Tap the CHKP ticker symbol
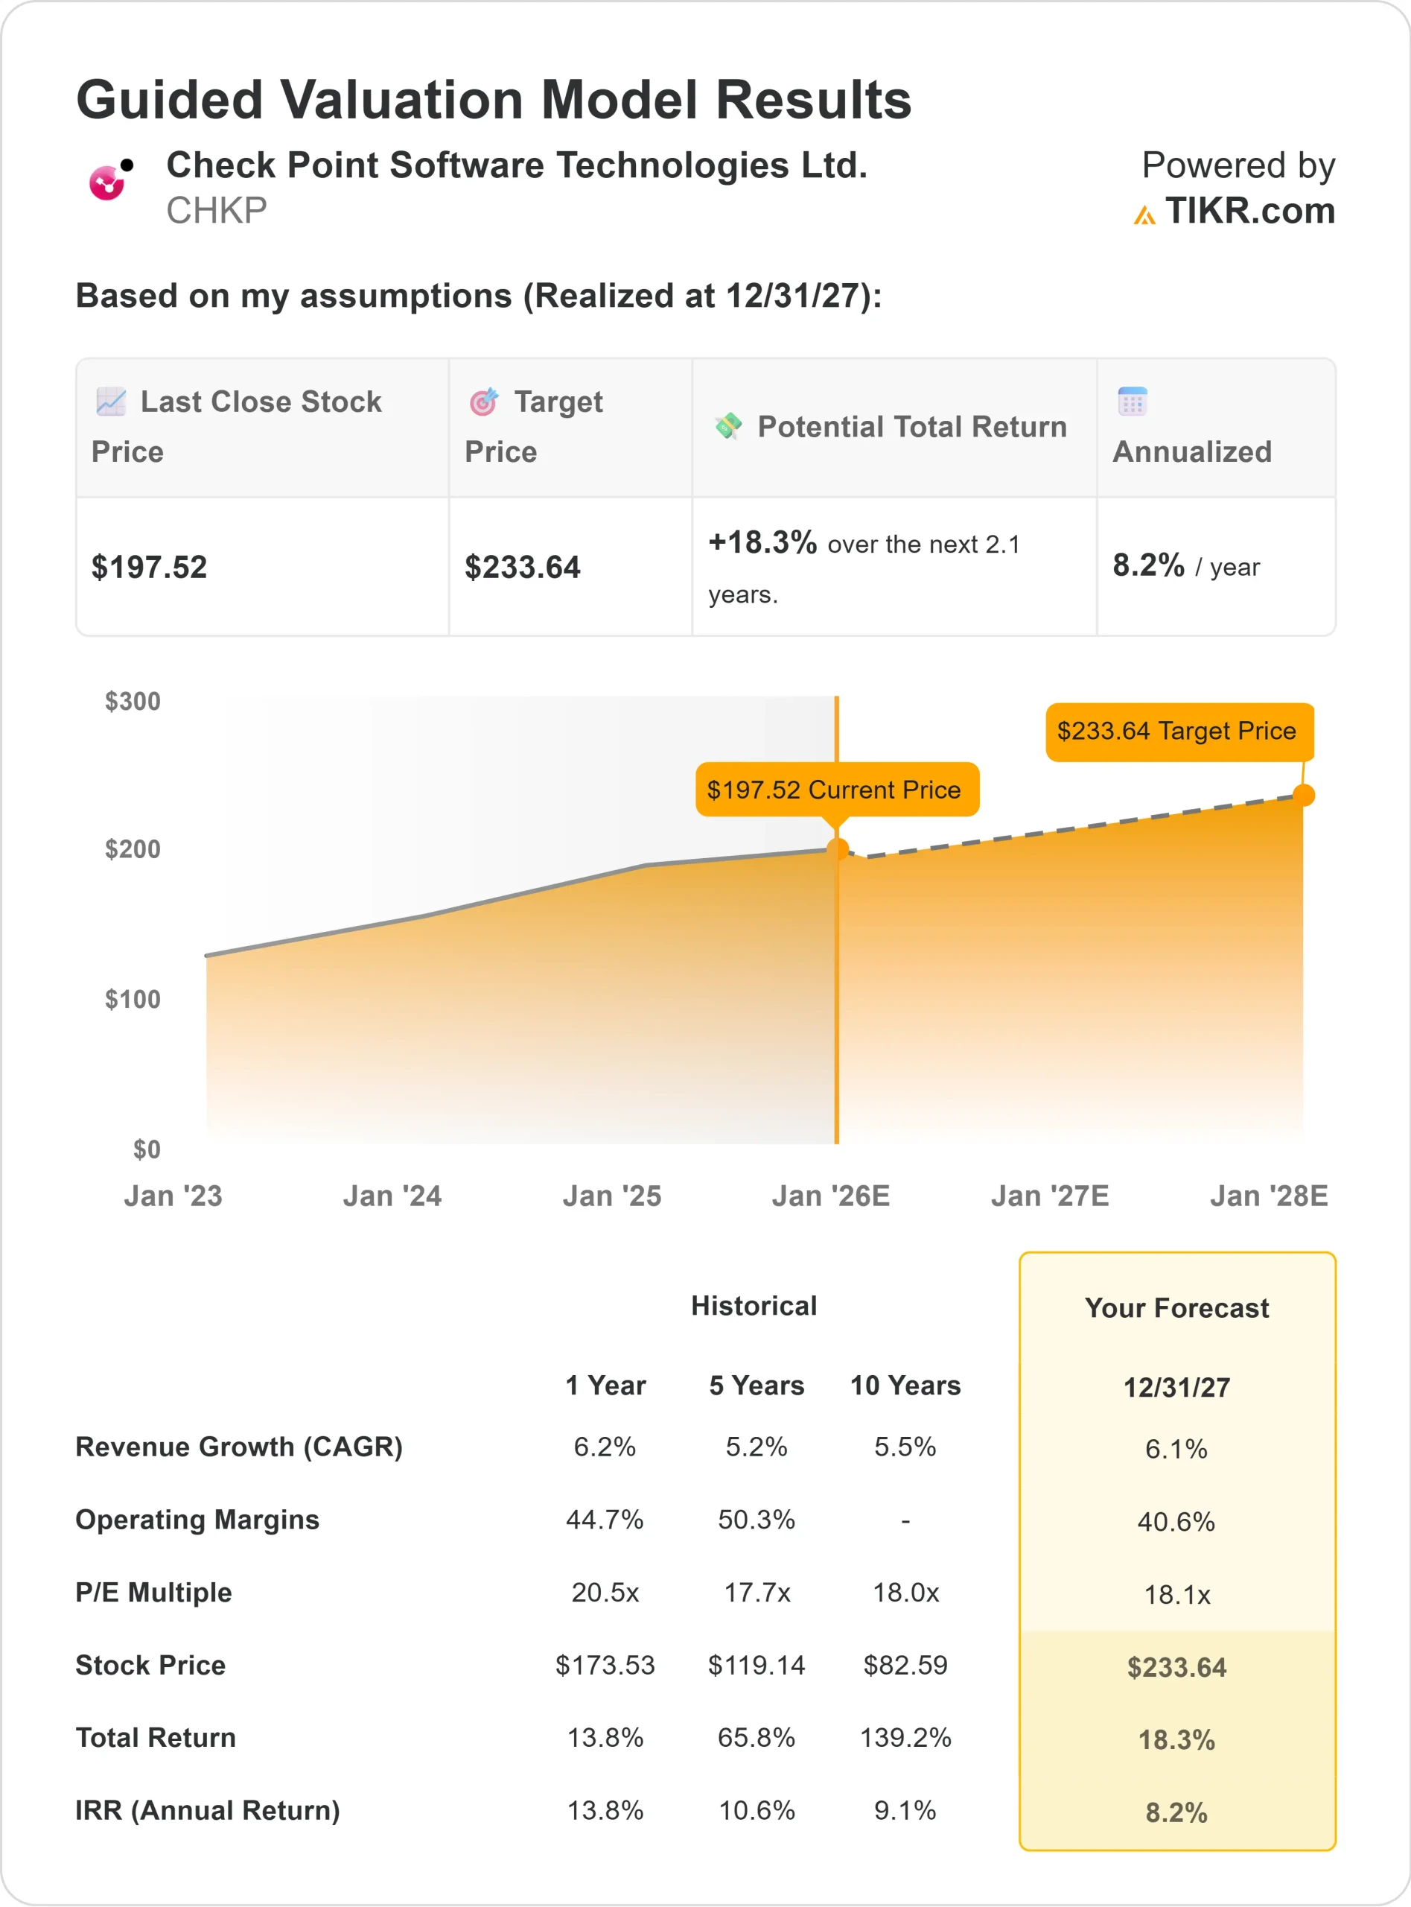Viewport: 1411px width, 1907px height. click(x=216, y=210)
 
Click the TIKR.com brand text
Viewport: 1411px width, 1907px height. click(x=1249, y=210)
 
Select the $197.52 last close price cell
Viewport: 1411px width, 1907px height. click(x=150, y=568)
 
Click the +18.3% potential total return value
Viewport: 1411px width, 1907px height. click(x=762, y=542)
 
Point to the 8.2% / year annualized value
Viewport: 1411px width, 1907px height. click(x=1185, y=565)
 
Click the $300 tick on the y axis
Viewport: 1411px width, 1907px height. click(x=133, y=702)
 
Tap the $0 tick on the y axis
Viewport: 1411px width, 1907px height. click(x=146, y=1149)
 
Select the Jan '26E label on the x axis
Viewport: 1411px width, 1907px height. click(x=830, y=1196)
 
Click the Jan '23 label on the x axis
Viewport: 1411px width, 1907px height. click(x=173, y=1196)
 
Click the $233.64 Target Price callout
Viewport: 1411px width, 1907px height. click(x=1176, y=731)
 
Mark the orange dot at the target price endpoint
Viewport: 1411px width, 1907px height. click(x=1302, y=796)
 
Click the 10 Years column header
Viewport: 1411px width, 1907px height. click(x=905, y=1385)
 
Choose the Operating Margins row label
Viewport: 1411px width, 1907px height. click(x=197, y=1519)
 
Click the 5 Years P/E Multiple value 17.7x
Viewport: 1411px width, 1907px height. click(x=757, y=1593)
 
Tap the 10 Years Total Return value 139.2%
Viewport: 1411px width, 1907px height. click(x=905, y=1738)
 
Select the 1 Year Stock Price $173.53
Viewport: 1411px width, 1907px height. click(x=605, y=1665)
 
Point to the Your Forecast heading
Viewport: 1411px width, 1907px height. click(x=1176, y=1308)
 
